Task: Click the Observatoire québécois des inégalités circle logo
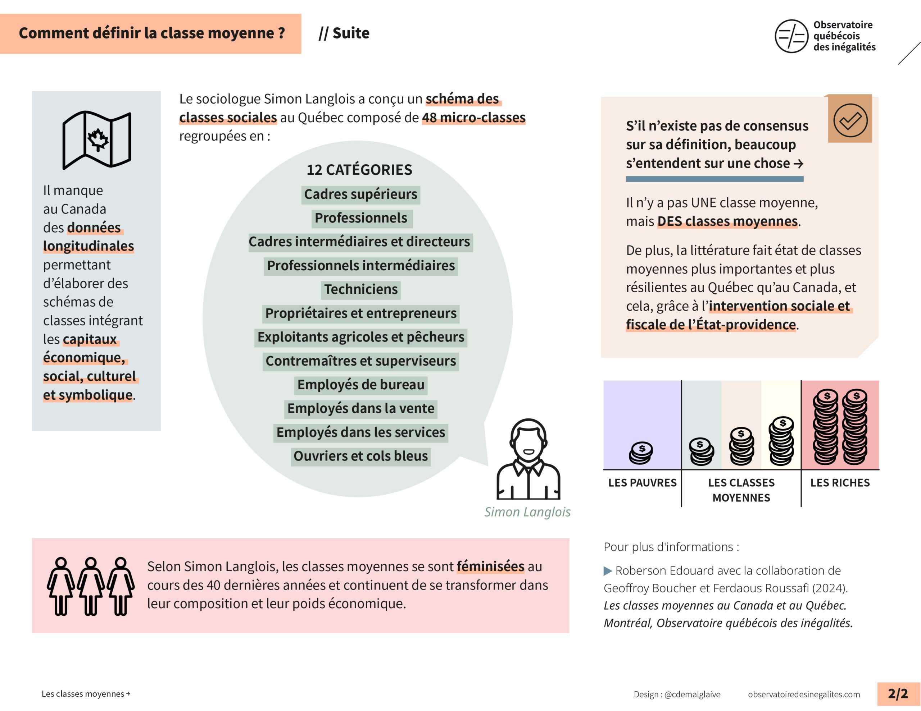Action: [x=791, y=36]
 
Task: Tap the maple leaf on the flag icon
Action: [x=98, y=139]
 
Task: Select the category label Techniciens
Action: [x=360, y=290]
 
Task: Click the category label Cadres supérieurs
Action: [x=360, y=194]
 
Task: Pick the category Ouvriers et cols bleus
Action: [x=360, y=456]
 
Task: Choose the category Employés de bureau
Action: [x=360, y=385]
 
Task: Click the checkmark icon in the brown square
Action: [x=850, y=120]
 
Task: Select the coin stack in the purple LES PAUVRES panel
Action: [x=641, y=453]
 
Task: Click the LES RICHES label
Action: [x=840, y=483]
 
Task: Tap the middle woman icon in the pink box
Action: [x=91, y=586]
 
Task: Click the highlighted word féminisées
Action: [x=490, y=566]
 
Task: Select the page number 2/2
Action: [x=898, y=694]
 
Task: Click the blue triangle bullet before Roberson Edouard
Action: [x=608, y=571]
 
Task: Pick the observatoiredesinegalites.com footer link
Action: [x=804, y=694]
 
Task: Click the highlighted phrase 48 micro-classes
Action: [x=473, y=118]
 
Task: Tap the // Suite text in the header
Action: [x=344, y=33]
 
